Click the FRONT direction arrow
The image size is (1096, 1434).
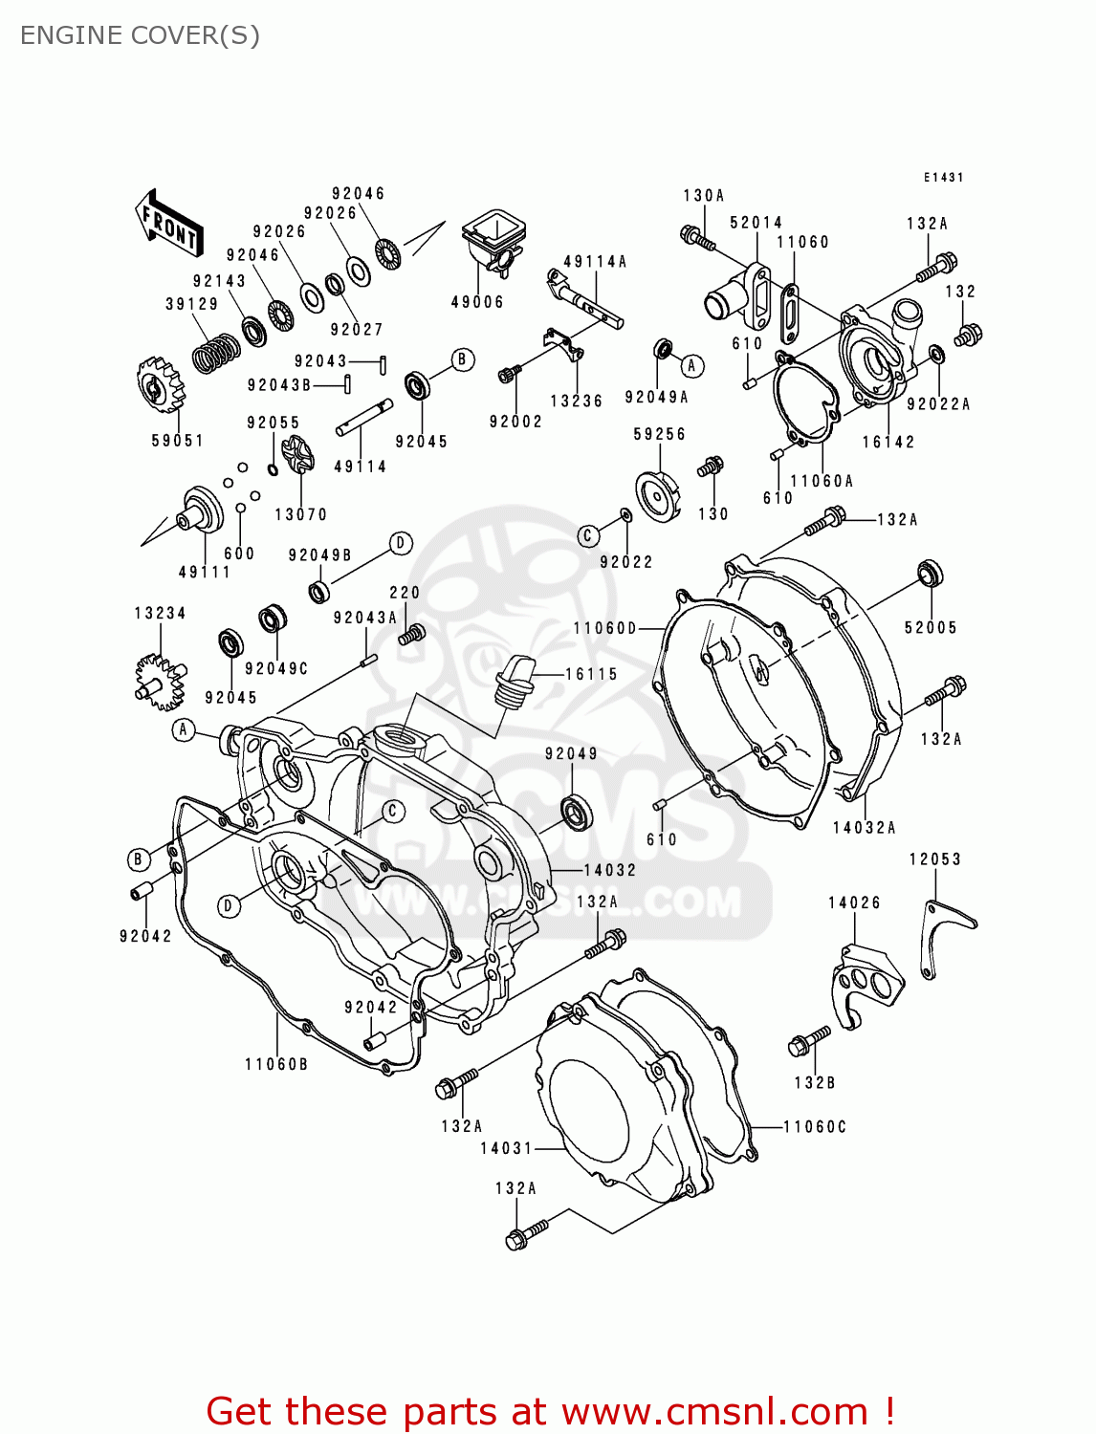tap(169, 224)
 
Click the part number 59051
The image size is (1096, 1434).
tap(178, 441)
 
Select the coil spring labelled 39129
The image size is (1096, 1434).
tap(216, 353)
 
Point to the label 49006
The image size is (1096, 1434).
tap(477, 302)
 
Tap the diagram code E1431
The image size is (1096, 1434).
tap(943, 178)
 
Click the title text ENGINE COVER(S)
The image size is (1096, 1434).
tap(140, 35)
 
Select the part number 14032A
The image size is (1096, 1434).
tap(864, 828)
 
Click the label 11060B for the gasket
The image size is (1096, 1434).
tap(276, 1064)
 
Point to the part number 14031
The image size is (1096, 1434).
tap(506, 1148)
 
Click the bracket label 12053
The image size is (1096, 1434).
tap(934, 859)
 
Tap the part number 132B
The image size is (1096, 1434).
tap(814, 1082)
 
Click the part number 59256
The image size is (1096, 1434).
tap(659, 434)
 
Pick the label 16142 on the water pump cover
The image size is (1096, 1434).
tap(888, 442)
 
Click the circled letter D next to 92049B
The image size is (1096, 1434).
tap(401, 544)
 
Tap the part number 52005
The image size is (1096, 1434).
tap(930, 627)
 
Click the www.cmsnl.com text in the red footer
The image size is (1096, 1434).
tap(713, 1411)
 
